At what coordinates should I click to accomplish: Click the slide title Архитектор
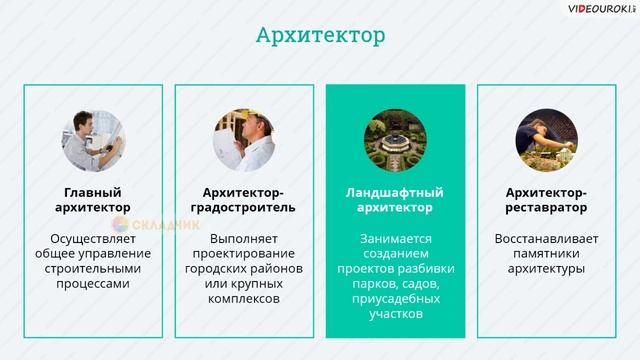[x=320, y=37]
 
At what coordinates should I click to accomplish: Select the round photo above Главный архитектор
[x=93, y=140]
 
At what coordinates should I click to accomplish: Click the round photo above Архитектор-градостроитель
[x=244, y=140]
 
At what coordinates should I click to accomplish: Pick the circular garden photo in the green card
[x=395, y=140]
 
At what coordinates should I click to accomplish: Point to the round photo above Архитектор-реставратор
[x=546, y=140]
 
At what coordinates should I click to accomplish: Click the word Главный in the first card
[x=93, y=192]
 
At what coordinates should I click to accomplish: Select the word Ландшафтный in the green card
[x=395, y=192]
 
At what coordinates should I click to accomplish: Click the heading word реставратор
[x=546, y=207]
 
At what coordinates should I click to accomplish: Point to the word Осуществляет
[x=93, y=239]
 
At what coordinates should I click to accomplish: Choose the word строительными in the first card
[x=93, y=269]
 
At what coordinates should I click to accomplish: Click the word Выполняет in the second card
[x=244, y=239]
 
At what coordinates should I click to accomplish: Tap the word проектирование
[x=244, y=254]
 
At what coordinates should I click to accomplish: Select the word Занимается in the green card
[x=395, y=239]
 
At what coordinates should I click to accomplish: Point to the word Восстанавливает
[x=546, y=239]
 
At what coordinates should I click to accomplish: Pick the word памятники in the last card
[x=546, y=254]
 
